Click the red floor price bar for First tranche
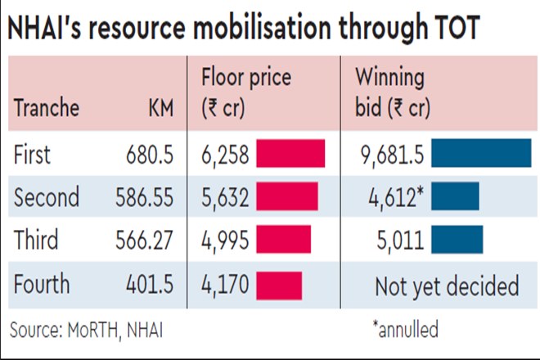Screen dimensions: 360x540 coord(290,155)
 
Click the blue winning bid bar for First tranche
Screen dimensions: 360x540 coord(480,155)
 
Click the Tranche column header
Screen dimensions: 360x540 coord(47,108)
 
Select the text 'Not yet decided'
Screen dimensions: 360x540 coord(446,286)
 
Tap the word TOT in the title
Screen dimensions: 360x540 coord(447,30)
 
